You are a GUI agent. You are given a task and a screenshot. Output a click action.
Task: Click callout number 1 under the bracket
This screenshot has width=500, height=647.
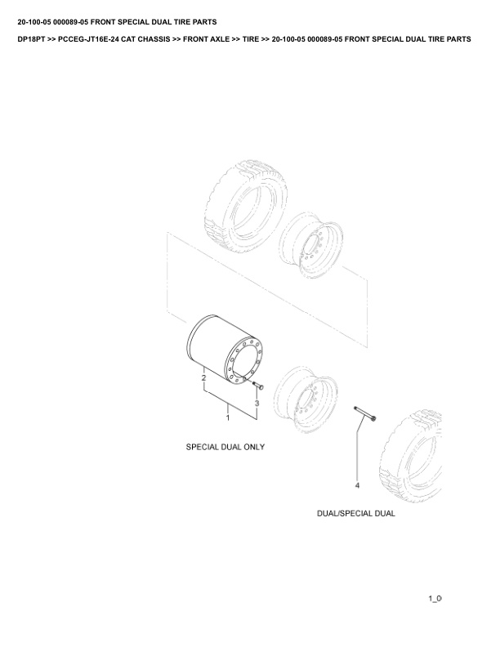[228, 418]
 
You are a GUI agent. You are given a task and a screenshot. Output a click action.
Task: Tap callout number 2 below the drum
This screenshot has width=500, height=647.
[203, 377]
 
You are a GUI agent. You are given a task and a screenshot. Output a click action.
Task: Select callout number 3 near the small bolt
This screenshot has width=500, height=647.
[257, 403]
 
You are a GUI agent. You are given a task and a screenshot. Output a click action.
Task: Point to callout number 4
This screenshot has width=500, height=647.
[357, 485]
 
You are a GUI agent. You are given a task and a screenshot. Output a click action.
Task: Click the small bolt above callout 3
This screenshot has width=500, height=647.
[258, 386]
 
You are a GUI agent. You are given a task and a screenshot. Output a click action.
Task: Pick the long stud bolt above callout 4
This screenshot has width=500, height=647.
[365, 414]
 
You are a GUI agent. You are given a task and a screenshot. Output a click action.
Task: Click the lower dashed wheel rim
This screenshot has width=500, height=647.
[306, 399]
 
